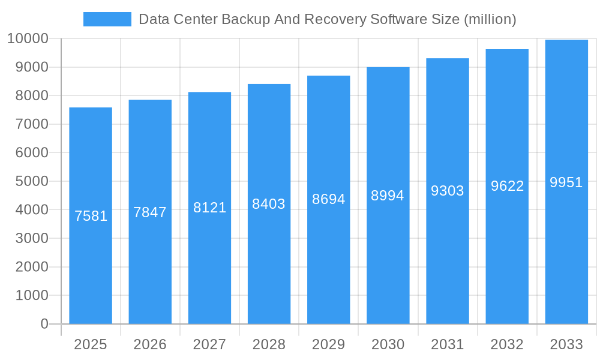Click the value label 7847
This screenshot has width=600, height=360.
coord(150,212)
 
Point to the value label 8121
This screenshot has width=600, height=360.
coord(209,208)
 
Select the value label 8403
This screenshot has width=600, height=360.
coord(269,204)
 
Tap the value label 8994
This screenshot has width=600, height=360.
coord(388,196)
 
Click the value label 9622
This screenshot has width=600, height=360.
coord(507,186)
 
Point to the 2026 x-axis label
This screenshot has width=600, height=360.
coord(150,344)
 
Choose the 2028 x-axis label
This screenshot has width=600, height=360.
coord(269,344)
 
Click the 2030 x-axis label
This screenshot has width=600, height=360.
coord(388,344)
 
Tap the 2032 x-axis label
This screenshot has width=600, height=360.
coord(507,344)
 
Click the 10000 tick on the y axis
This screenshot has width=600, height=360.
coord(28,39)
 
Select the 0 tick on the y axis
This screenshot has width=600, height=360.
coord(44,324)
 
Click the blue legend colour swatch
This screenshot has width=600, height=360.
coord(107,19)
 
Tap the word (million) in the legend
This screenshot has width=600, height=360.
coord(490,19)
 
